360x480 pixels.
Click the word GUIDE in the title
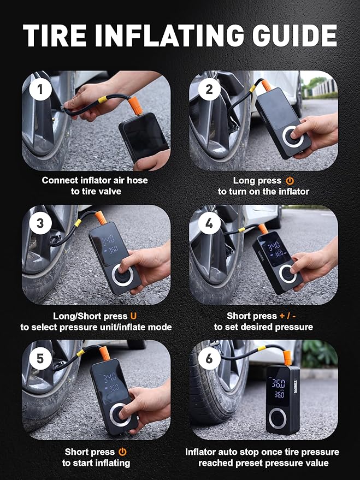(x=294, y=35)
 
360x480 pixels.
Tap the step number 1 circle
(x=40, y=90)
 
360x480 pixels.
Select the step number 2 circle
(x=209, y=90)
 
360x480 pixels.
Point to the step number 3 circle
(x=40, y=223)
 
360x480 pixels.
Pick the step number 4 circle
(x=209, y=223)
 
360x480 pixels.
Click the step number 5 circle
(x=40, y=358)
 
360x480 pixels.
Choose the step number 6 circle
(x=209, y=358)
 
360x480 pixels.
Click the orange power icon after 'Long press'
(x=290, y=181)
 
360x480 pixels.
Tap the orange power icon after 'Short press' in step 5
(x=122, y=452)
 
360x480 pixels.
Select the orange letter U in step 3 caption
(x=133, y=316)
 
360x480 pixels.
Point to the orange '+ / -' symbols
(x=287, y=316)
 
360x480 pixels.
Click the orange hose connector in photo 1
(x=135, y=106)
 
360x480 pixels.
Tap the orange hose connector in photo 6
(x=287, y=358)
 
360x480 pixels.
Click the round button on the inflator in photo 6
(x=278, y=418)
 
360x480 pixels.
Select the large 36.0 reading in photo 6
(x=279, y=383)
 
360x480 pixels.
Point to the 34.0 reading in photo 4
(x=273, y=245)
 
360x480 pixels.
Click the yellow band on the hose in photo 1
(x=103, y=99)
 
